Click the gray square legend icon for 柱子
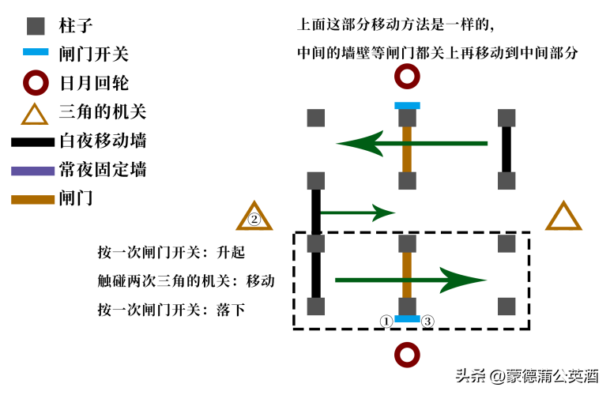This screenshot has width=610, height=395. [x=35, y=25]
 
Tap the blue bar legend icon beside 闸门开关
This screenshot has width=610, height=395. [x=35, y=55]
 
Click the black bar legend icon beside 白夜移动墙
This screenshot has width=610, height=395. [x=33, y=142]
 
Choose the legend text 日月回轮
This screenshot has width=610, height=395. [x=93, y=83]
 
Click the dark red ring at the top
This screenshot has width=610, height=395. [x=407, y=77]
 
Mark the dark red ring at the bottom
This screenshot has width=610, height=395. [x=407, y=355]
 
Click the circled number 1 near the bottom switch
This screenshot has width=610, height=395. [x=386, y=321]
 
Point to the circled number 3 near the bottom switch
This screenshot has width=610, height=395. [x=427, y=321]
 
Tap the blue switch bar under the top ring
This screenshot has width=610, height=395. [x=407, y=105]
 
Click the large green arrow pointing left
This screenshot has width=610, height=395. [x=411, y=144]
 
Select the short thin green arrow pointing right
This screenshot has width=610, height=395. [x=356, y=212]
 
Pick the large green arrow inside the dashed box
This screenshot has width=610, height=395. [x=411, y=280]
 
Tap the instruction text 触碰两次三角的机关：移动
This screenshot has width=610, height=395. [x=186, y=280]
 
